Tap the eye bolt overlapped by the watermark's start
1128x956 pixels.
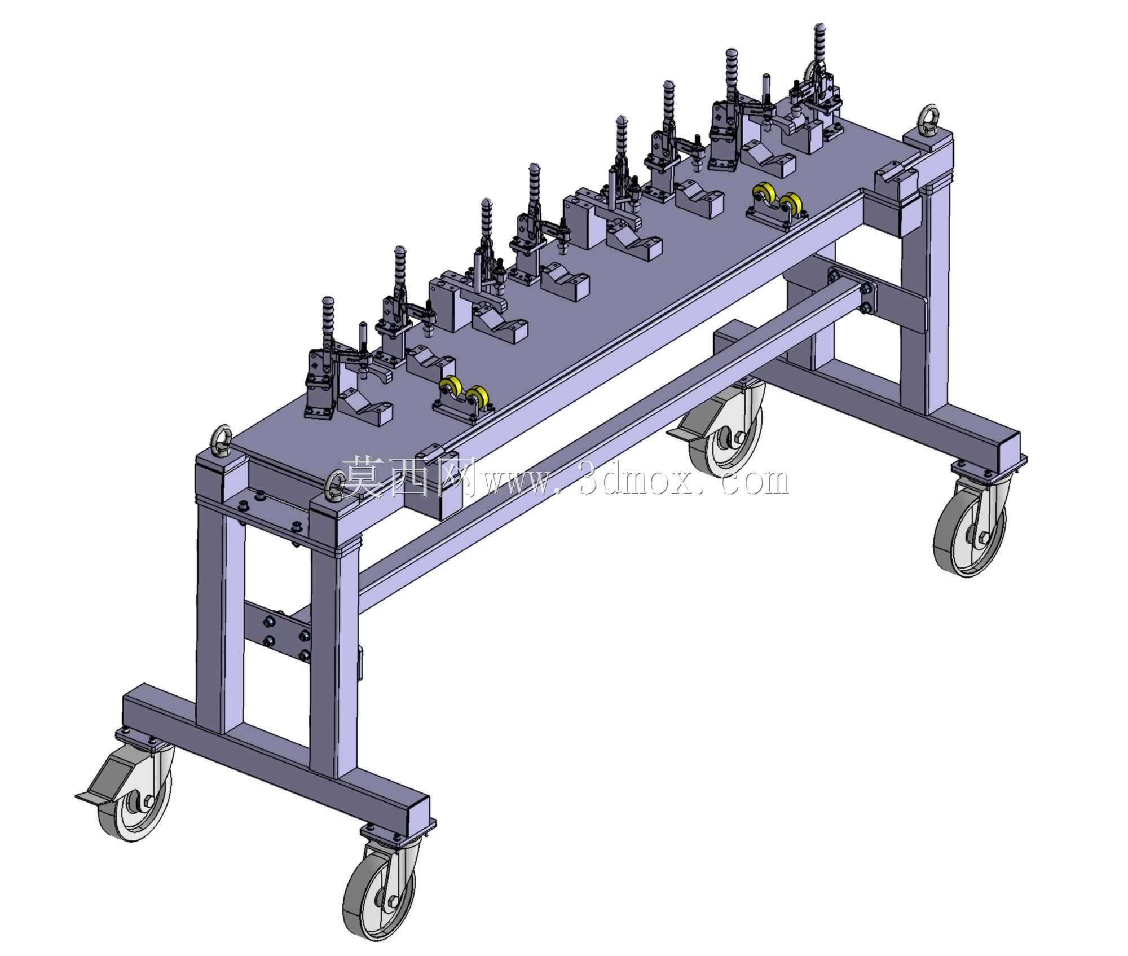[337, 486]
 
